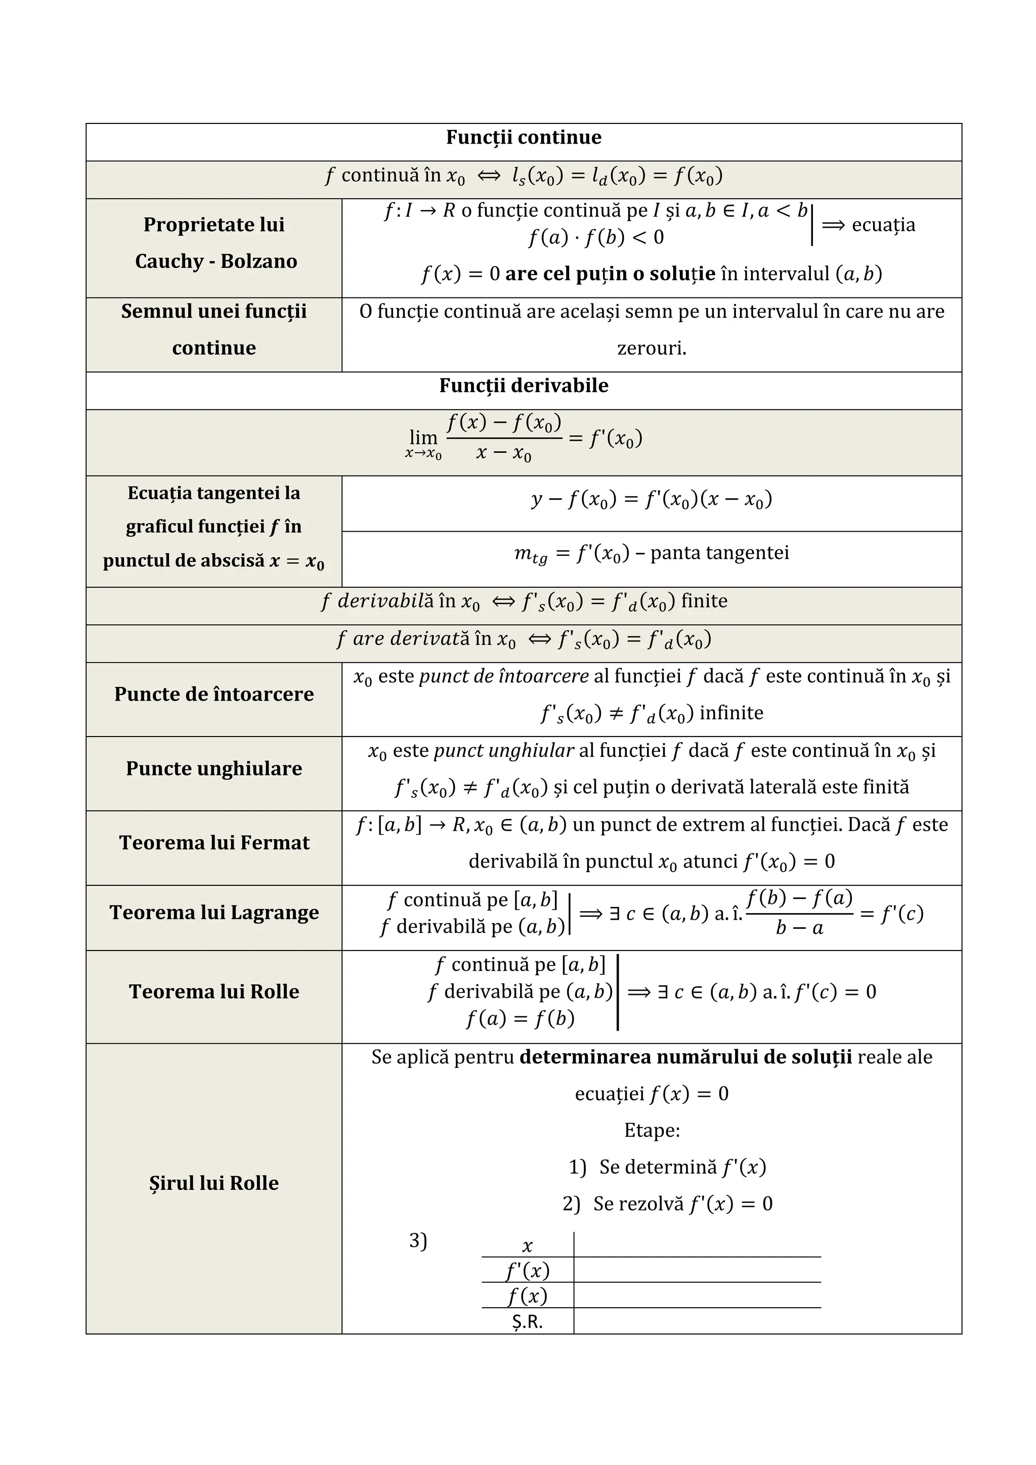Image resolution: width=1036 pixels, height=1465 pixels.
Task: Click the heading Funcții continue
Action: coord(523,137)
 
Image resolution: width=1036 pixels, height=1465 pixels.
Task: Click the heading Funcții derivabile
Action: coord(523,385)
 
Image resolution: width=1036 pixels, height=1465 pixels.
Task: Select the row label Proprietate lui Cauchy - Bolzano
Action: coord(214,242)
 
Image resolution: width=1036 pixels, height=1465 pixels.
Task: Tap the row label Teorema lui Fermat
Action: coord(214,843)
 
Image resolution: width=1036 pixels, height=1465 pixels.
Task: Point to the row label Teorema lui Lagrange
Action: coord(214,913)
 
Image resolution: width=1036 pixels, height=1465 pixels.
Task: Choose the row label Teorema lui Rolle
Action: coord(214,992)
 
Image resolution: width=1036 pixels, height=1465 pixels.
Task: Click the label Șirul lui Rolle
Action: coord(214,1183)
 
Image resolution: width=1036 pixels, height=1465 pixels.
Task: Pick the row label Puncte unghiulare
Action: coord(214,768)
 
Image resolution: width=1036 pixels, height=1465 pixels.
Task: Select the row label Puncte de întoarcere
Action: coord(214,694)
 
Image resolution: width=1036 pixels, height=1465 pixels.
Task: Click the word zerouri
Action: coord(652,349)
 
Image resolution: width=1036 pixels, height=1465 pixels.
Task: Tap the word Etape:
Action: coord(652,1131)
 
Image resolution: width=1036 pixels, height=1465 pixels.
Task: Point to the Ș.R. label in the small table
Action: coord(527,1322)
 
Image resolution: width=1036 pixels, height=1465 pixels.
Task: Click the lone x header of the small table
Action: coord(527,1245)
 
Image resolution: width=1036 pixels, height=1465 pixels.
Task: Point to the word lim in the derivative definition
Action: coord(423,438)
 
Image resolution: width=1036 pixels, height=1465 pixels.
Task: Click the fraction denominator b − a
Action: coord(799,928)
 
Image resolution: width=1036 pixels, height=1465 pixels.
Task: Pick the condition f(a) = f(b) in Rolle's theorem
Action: coord(520,1018)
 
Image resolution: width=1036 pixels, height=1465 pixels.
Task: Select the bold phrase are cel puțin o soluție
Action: coord(610,274)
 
